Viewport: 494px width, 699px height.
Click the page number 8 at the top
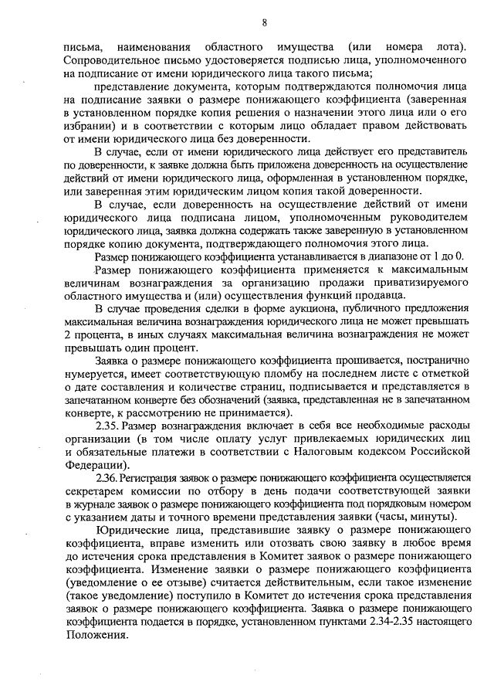coord(264,22)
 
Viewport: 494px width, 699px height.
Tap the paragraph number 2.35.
coord(107,426)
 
